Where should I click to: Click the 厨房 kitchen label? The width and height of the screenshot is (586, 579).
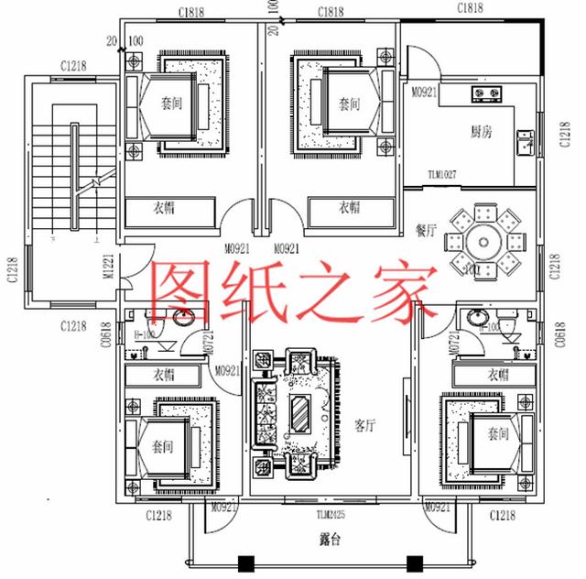[x=482, y=131]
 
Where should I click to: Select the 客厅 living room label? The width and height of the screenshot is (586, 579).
[x=366, y=425]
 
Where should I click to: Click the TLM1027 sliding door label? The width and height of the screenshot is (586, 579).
[x=442, y=174]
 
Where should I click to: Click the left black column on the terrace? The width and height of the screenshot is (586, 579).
[x=245, y=563]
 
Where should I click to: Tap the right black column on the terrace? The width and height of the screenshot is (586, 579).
[x=412, y=563]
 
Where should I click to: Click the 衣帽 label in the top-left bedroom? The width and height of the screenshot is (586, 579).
[x=165, y=208]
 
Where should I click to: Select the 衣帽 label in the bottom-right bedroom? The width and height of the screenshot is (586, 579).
[x=498, y=375]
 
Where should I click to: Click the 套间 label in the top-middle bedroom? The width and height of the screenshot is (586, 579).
[x=348, y=103]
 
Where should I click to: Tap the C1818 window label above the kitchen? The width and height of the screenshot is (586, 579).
[x=470, y=8]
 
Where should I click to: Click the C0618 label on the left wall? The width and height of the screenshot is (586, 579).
[x=107, y=336]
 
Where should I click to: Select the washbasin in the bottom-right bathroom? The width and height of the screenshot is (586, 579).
[x=476, y=318]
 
